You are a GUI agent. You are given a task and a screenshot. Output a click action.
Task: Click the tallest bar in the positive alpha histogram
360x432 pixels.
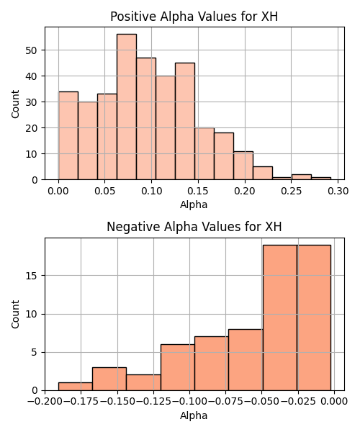pos(127,107)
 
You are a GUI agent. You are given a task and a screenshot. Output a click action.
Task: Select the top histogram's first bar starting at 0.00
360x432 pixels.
pos(68,135)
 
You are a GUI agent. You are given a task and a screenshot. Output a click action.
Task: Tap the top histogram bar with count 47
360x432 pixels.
pos(146,119)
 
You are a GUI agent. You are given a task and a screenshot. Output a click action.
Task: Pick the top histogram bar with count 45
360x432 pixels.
pos(185,121)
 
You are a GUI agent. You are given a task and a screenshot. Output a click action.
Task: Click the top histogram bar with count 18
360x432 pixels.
pos(224,156)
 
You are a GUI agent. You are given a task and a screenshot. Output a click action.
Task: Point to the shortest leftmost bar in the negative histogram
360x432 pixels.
pos(76,387)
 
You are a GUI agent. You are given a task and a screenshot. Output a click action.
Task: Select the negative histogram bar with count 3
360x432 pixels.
pos(109,379)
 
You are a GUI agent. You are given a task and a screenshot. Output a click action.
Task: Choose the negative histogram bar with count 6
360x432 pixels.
pos(178,367)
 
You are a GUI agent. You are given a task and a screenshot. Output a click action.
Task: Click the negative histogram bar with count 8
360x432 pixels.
pos(246,360)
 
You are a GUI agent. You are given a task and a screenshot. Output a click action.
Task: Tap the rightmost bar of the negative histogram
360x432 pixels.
pos(314,318)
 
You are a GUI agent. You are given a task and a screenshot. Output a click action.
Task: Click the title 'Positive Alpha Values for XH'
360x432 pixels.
pos(194,17)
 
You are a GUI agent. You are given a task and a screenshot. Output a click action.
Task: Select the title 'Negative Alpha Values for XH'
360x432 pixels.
pos(194,227)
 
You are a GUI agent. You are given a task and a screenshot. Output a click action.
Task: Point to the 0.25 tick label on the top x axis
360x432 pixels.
pos(292,191)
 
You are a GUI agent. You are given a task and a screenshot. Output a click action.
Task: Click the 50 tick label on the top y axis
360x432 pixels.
pos(31,50)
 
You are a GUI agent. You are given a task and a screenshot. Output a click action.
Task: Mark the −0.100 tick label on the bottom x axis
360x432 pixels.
pos(189,402)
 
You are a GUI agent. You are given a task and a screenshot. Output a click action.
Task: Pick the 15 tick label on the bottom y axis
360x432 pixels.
pos(31,276)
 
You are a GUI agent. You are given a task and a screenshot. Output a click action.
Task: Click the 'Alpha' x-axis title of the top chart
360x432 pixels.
pos(194,204)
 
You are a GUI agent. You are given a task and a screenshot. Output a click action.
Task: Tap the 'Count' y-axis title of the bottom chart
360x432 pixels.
pos(15,315)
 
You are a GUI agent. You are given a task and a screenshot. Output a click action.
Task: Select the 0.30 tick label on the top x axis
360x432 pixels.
pos(338,191)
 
